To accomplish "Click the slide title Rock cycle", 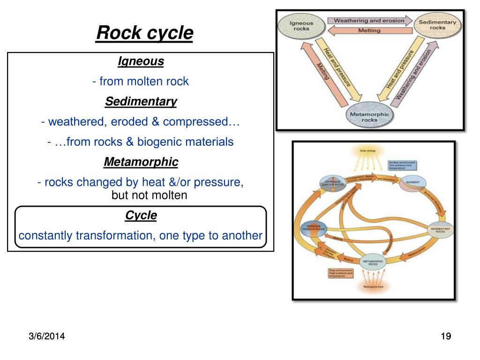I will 144,33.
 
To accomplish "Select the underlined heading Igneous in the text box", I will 141,61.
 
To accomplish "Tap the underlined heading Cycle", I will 141,216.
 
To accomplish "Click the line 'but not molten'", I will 149,195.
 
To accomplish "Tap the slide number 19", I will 445,336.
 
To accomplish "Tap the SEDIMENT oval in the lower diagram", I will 412,183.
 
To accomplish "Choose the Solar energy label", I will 368,151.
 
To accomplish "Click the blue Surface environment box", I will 402,165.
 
